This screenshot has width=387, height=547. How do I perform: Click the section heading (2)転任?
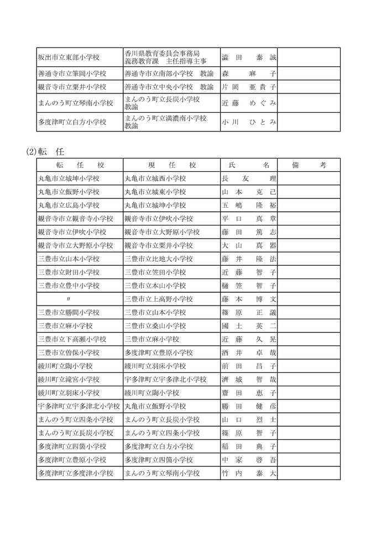[x=47, y=151]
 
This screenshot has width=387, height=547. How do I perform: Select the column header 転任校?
[x=80, y=165]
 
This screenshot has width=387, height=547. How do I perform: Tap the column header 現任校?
[x=172, y=165]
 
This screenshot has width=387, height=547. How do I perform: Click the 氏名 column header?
[x=248, y=165]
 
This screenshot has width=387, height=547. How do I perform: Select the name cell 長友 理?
[x=248, y=178]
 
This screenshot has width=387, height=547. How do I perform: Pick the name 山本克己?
[x=248, y=192]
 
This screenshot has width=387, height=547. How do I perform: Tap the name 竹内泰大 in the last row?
[x=248, y=474]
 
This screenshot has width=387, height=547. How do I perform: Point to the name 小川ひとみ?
[x=248, y=122]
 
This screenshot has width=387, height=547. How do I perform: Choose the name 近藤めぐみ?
[x=248, y=103]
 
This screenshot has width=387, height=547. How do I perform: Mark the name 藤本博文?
[x=248, y=299]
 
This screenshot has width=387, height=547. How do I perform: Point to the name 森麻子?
[x=248, y=73]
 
